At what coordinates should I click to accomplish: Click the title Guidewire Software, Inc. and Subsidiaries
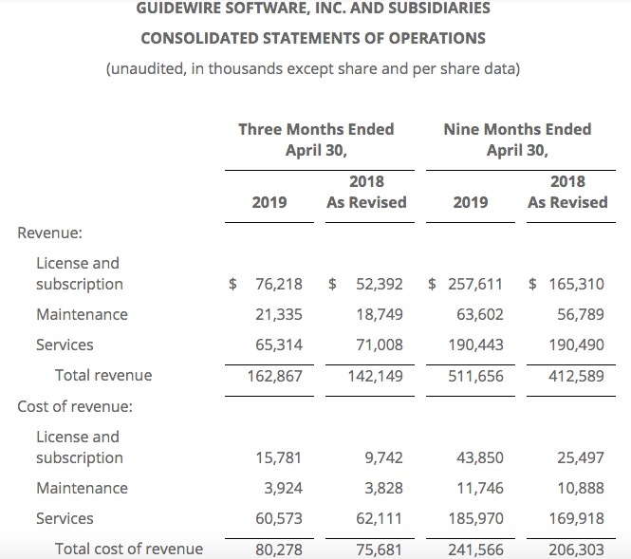point(313,9)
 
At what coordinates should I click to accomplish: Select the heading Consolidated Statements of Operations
point(313,39)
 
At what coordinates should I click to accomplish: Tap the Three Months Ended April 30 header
point(316,139)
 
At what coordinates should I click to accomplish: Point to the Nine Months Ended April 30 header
point(517,139)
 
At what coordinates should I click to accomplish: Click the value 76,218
point(279,284)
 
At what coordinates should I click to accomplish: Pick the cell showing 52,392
point(380,284)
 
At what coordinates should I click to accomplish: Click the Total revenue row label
point(103,375)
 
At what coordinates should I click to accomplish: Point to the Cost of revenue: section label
point(75,406)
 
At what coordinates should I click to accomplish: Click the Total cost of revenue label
point(129,549)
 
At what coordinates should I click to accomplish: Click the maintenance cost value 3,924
point(283,488)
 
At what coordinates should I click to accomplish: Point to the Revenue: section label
point(50,233)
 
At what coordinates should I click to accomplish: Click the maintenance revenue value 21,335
point(279,314)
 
